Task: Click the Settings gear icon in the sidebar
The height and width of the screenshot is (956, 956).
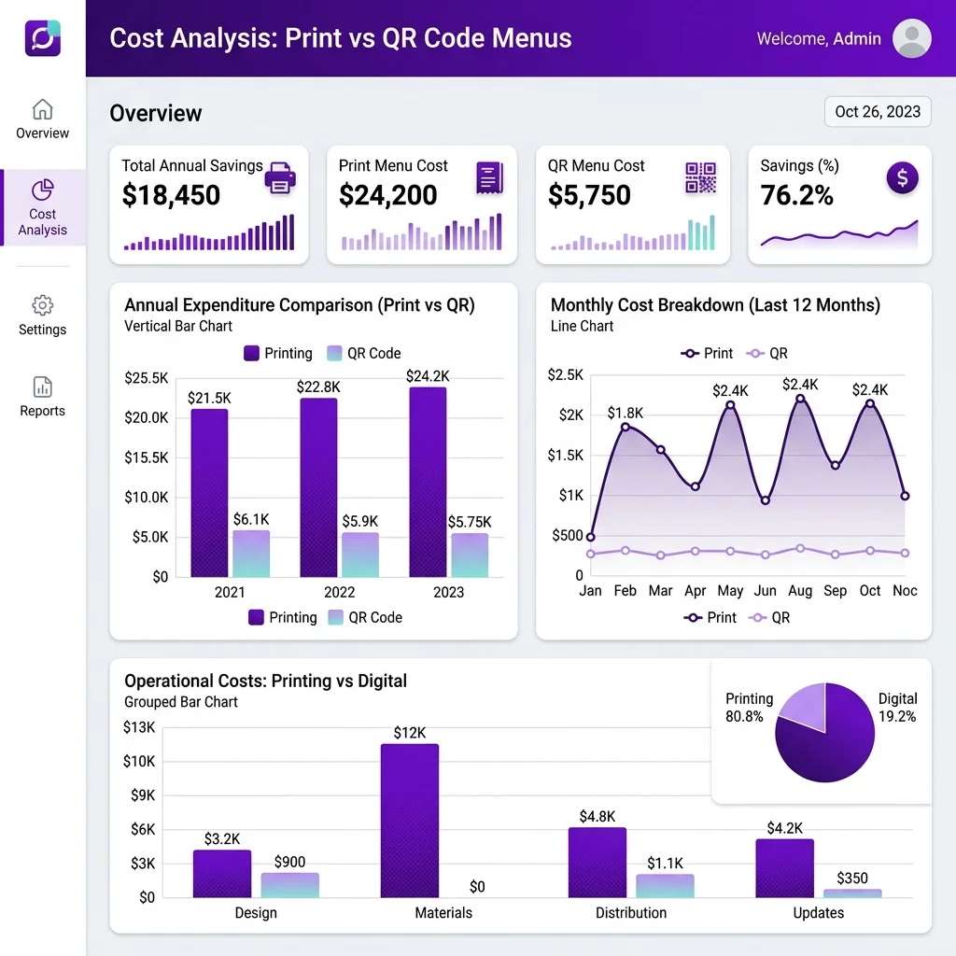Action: pos(42,305)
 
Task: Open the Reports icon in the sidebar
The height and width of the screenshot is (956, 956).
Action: pos(42,387)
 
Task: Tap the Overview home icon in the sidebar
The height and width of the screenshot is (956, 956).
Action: pos(42,110)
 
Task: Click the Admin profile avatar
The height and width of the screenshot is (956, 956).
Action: pos(911,38)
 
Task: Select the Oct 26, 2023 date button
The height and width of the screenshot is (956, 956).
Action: pos(878,112)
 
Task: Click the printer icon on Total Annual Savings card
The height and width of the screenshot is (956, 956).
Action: pos(280,178)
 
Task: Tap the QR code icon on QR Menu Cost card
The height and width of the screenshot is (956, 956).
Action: pos(700,177)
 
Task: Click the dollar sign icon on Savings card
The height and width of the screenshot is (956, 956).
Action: pos(903,178)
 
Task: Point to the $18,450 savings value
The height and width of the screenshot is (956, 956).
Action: pos(171,195)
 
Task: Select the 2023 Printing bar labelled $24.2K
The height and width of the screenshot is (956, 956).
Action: pos(428,483)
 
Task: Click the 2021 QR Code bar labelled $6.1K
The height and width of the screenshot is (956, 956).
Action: pos(251,554)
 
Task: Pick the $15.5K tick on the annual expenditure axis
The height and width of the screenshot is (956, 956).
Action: pos(147,457)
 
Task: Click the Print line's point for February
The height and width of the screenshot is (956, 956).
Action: pos(625,427)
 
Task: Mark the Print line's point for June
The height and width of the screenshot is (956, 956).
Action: pos(766,500)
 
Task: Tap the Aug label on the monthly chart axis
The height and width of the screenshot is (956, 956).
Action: pos(800,591)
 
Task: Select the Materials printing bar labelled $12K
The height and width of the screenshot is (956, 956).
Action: pos(410,821)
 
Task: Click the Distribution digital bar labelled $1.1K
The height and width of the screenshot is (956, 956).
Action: pos(665,886)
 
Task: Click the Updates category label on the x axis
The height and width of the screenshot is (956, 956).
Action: pos(818,913)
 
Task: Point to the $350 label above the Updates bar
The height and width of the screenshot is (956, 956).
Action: pos(851,878)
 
